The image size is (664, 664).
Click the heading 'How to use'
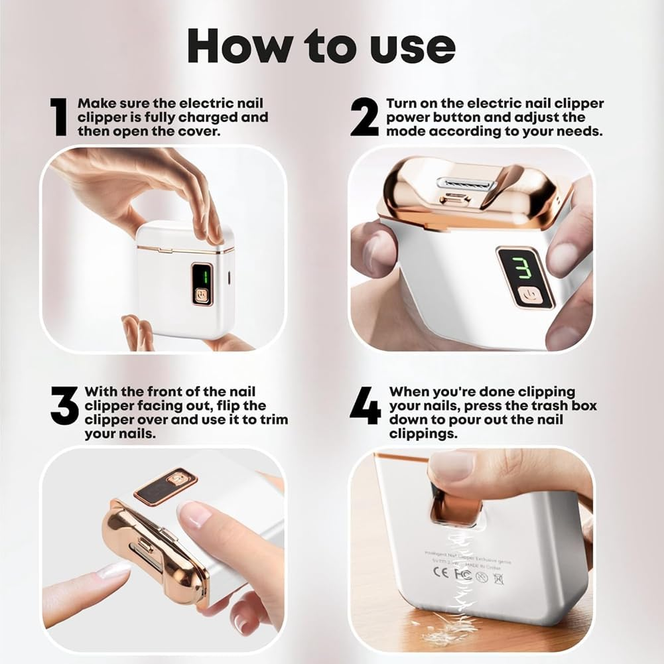click(322, 46)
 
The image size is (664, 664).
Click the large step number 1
click(60, 117)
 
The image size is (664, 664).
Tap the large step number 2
click(364, 117)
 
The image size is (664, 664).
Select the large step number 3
click(64, 406)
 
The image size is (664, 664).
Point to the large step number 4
click(365, 406)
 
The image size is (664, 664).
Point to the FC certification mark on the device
click(464, 574)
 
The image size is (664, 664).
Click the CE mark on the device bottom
click(443, 574)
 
